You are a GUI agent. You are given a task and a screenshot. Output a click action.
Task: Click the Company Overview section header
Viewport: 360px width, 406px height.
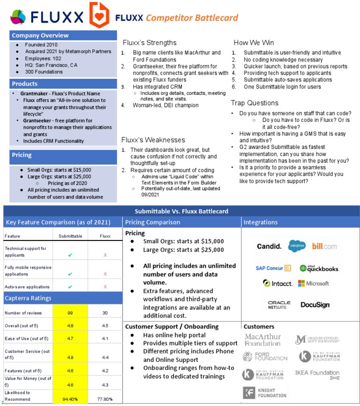40,36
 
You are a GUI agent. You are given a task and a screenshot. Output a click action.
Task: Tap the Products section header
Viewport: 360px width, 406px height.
25,84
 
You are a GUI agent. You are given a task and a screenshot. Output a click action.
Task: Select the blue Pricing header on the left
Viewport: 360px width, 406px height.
22,155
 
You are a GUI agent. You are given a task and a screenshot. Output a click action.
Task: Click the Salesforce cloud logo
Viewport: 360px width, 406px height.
297,245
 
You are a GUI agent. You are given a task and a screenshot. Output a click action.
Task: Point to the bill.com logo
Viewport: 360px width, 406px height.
325,246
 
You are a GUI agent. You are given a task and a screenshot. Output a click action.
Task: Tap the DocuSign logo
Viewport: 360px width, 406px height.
315,304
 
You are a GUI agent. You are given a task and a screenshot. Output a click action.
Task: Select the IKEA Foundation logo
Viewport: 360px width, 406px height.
317,373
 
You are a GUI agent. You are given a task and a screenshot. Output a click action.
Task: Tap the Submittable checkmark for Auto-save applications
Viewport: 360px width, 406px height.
70,286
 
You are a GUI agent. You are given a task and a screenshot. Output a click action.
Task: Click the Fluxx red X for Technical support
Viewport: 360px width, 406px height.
105,255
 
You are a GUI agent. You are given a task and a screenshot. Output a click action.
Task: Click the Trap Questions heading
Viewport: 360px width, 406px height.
255,103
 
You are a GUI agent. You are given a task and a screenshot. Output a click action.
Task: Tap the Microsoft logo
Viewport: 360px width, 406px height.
314,283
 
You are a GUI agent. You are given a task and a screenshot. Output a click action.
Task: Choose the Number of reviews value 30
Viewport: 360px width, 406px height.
105,313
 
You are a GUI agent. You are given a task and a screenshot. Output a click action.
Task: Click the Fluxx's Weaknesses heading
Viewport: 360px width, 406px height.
153,140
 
